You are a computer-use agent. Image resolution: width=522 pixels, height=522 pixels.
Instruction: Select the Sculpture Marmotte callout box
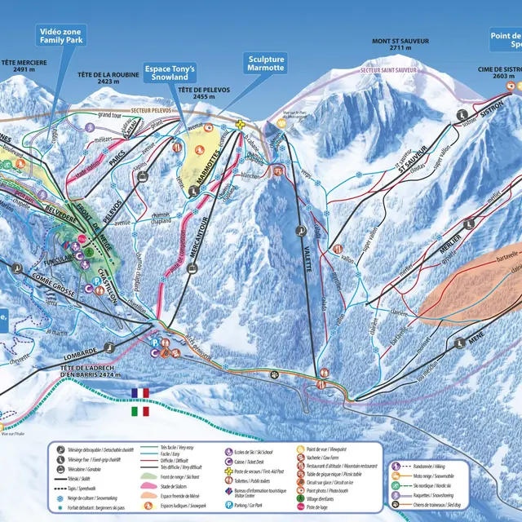pos(266,63)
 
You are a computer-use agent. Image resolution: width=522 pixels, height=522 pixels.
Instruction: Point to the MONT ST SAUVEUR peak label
pos(400,44)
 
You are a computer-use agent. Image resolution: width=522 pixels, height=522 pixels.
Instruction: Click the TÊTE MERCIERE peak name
pos(24,66)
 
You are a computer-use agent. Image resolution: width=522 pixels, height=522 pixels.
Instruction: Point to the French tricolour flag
pos(140,393)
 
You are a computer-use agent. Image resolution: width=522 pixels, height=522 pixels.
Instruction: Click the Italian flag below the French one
pos(140,411)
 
